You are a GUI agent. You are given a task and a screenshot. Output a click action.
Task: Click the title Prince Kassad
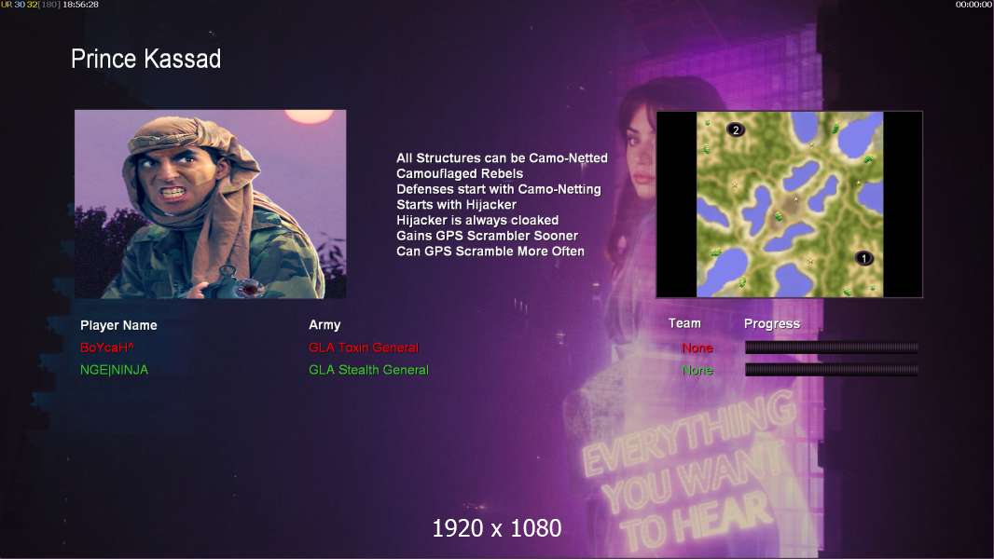click(145, 59)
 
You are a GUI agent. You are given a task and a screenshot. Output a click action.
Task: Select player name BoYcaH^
click(106, 348)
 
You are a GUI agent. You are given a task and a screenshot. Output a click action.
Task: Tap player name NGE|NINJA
click(114, 370)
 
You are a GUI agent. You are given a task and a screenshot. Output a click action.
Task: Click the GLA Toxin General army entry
click(364, 348)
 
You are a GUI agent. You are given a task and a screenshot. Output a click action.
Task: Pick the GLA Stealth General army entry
click(368, 370)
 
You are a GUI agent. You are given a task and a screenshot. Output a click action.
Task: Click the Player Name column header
click(118, 325)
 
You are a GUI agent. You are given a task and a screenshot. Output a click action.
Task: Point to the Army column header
click(324, 325)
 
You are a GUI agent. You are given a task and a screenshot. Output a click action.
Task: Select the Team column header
click(684, 323)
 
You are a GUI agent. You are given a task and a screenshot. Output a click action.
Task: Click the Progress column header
click(771, 324)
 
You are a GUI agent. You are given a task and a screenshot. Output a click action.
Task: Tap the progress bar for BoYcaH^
click(832, 347)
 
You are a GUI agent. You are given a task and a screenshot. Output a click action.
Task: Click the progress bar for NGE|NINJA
click(832, 370)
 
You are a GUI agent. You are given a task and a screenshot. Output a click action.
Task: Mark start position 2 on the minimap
click(736, 130)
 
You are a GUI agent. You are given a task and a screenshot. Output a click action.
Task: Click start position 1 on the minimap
click(863, 258)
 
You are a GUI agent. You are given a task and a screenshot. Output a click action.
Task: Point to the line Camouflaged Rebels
click(460, 173)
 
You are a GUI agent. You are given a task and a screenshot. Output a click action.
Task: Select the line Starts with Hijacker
click(456, 204)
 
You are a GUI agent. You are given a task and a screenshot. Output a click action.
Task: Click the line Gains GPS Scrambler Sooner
click(487, 236)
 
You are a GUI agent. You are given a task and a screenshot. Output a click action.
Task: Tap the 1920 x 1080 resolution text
click(497, 528)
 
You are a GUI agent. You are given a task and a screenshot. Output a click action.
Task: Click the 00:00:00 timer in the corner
click(973, 5)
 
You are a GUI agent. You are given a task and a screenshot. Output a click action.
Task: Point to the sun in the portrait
click(309, 116)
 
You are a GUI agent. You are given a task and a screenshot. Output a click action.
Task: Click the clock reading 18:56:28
click(80, 5)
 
